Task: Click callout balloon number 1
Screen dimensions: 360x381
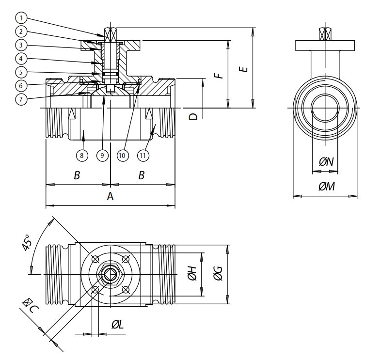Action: [21, 18]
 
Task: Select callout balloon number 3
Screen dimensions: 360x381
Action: [21, 45]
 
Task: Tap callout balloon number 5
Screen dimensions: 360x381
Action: [21, 72]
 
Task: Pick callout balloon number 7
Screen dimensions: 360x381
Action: [21, 99]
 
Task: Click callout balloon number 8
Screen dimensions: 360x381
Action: [82, 156]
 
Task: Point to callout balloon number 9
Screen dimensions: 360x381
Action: [102, 156]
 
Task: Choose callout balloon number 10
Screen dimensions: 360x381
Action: [122, 156]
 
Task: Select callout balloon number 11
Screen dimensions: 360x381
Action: [143, 156]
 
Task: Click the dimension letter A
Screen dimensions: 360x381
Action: [110, 196]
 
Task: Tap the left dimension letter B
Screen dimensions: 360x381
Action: [77, 175]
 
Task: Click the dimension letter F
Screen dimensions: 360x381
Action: [219, 74]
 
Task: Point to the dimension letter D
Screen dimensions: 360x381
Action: [193, 116]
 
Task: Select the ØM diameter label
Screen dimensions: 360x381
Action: [326, 187]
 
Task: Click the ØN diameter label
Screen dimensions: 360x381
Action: [326, 162]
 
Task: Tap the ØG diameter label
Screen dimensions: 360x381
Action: [218, 275]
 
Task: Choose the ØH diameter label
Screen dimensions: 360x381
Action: [192, 275]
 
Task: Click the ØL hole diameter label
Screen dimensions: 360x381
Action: [117, 324]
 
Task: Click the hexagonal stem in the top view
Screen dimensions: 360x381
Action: [109, 275]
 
